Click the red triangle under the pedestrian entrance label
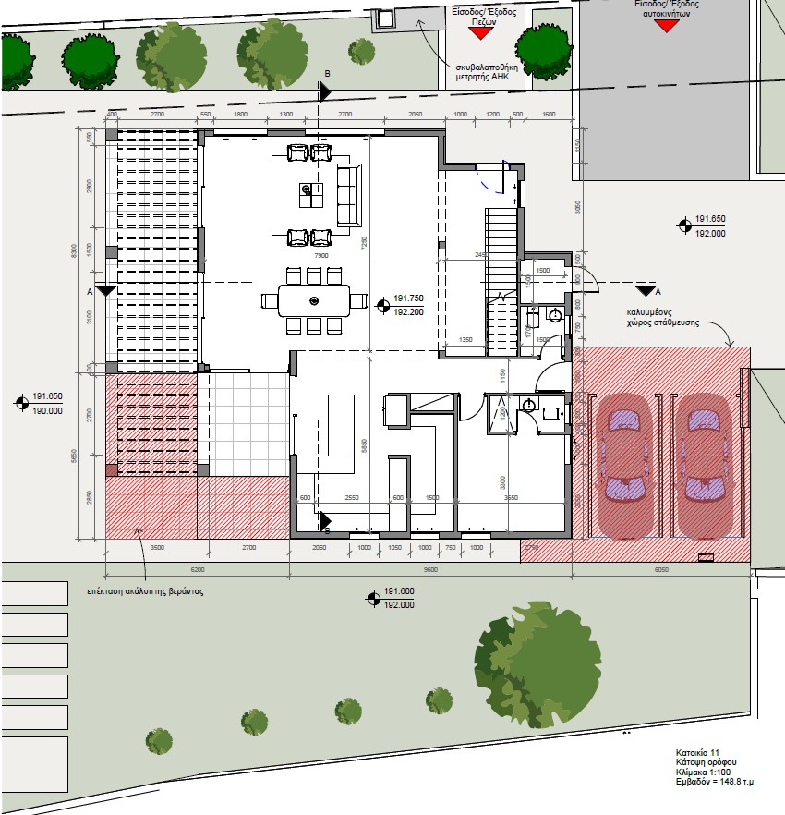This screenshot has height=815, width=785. coord(478,32)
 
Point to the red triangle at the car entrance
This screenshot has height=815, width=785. coord(665,26)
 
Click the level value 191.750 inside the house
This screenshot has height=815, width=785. coord(408,298)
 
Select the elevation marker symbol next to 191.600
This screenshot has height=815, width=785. coord(374,597)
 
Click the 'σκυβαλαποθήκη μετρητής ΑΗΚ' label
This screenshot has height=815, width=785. coord(489,72)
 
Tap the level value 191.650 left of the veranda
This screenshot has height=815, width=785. coord(47,395)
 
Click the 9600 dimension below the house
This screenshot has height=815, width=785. coord(430,570)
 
